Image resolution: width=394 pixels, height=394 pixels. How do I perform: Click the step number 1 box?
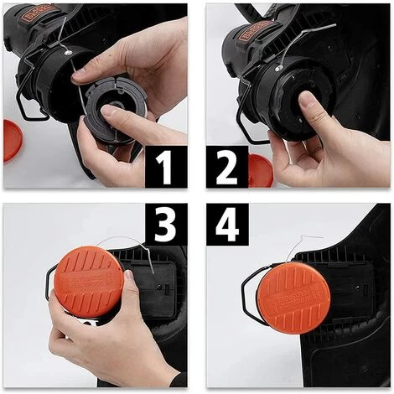[x=166, y=167]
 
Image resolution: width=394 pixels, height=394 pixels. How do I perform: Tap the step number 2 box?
[x=227, y=167]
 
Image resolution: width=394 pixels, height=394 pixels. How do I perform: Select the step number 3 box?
[x=166, y=224]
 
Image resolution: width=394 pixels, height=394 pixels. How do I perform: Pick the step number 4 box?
[x=227, y=224]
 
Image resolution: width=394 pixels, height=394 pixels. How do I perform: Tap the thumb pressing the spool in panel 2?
[x=312, y=113]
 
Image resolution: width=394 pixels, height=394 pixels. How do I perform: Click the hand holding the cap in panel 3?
[x=92, y=344]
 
